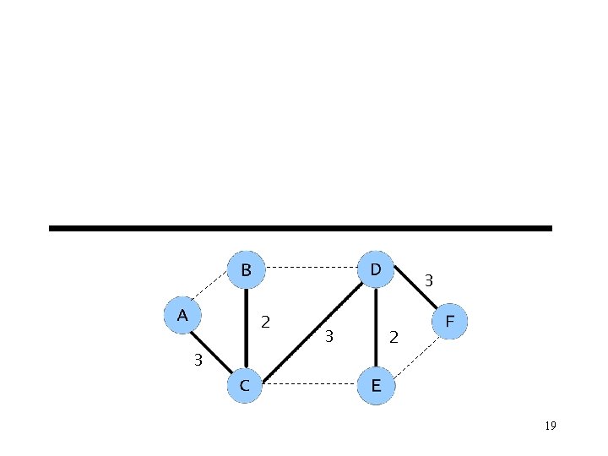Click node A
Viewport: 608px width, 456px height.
pyautogui.click(x=182, y=316)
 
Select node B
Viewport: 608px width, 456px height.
pyautogui.click(x=246, y=270)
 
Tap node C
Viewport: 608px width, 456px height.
pyautogui.click(x=244, y=386)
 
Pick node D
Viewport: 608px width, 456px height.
pyautogui.click(x=375, y=269)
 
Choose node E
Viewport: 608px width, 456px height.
pyautogui.click(x=375, y=386)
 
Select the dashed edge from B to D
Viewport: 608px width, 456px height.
pyautogui.click(x=311, y=268)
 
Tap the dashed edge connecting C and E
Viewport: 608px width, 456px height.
pyautogui.click(x=310, y=385)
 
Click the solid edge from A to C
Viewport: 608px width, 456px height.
pyautogui.click(x=211, y=353)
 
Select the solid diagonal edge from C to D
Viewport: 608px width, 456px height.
pyautogui.click(x=311, y=327)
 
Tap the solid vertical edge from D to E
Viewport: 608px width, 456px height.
pyautogui.click(x=375, y=328)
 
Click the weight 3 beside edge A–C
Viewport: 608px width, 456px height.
pyautogui.click(x=198, y=360)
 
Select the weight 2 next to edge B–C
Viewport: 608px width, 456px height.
pyautogui.click(x=266, y=322)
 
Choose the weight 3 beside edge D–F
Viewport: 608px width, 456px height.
pyautogui.click(x=429, y=279)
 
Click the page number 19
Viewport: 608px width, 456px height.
pyautogui.click(x=551, y=426)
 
